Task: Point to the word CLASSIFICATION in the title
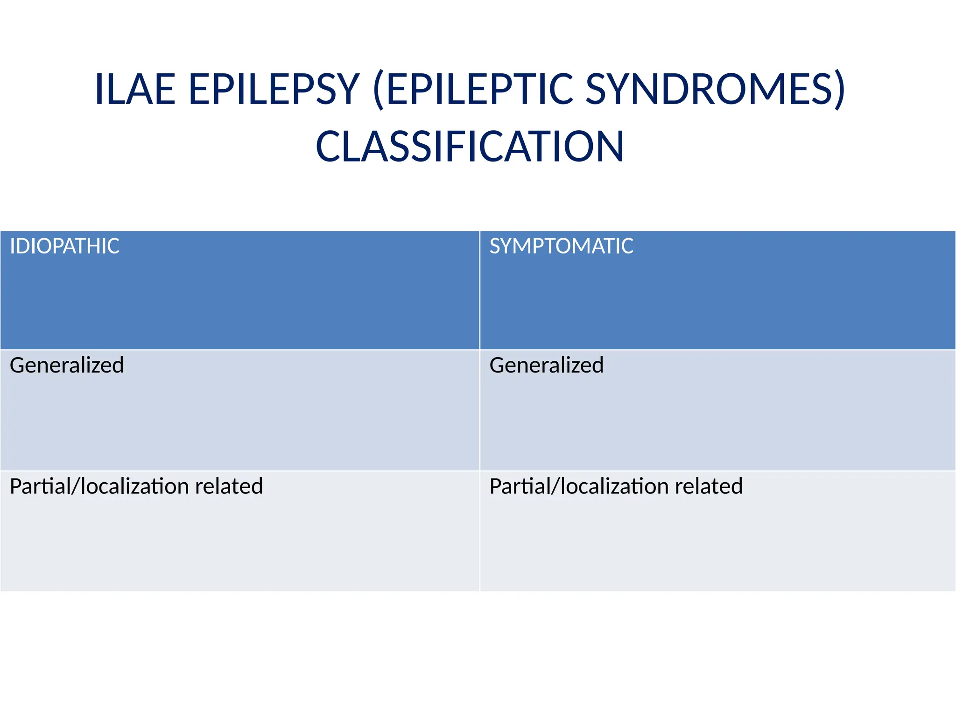pyautogui.click(x=470, y=147)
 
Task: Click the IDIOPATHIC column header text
pyautogui.click(x=64, y=246)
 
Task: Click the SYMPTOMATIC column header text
pyautogui.click(x=561, y=246)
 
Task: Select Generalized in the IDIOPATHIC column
pyautogui.click(x=67, y=365)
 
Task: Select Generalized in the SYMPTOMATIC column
pyautogui.click(x=546, y=365)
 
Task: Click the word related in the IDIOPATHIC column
pyautogui.click(x=229, y=486)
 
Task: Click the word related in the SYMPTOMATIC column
pyautogui.click(x=709, y=486)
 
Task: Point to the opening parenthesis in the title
pyautogui.click(x=379, y=90)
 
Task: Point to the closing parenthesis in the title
pyautogui.click(x=839, y=90)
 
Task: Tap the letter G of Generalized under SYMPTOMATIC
pyautogui.click(x=497, y=365)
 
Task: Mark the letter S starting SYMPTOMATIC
pyautogui.click(x=495, y=246)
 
